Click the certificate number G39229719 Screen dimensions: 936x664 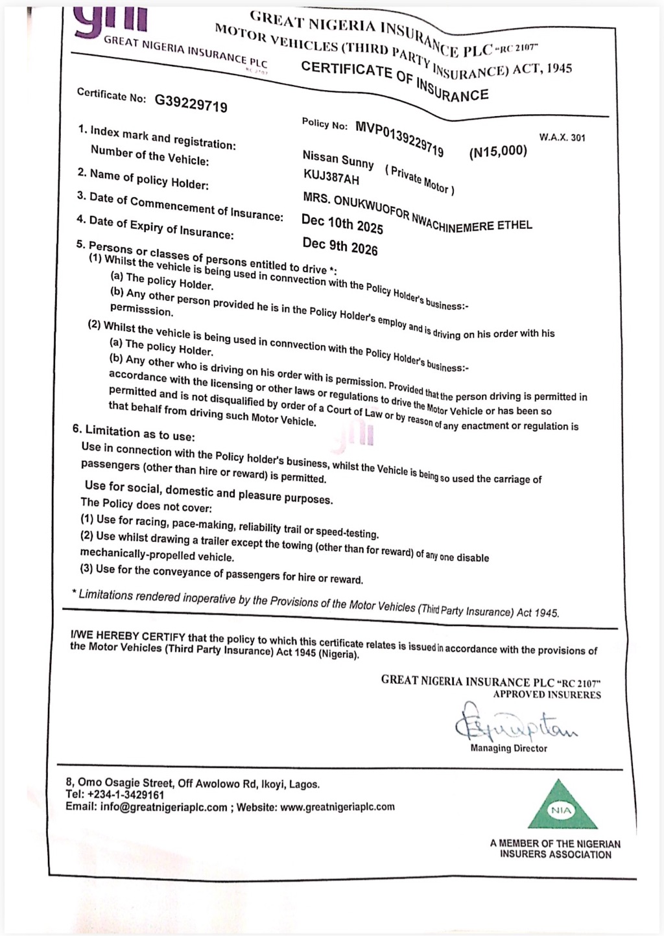(x=191, y=102)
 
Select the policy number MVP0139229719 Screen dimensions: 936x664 (x=399, y=137)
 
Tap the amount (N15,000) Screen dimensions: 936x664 (x=498, y=151)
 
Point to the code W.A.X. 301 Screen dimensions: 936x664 (x=562, y=137)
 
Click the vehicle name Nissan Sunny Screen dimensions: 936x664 (x=338, y=159)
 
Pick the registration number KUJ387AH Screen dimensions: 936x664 (x=331, y=177)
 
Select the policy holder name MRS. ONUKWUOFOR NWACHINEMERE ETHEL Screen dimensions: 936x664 (x=417, y=211)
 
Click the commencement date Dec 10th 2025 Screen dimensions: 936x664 (x=342, y=224)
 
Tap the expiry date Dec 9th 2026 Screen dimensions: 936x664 (x=340, y=246)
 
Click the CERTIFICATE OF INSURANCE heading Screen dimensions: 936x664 (x=394, y=80)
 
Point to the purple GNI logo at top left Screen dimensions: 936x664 (x=110, y=19)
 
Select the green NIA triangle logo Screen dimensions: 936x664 (x=562, y=807)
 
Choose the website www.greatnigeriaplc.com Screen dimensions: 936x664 (x=337, y=807)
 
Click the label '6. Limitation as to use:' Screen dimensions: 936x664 (x=133, y=432)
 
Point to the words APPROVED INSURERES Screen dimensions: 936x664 (x=547, y=694)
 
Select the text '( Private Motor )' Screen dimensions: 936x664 (x=420, y=179)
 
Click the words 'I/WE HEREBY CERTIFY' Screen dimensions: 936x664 (x=128, y=636)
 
